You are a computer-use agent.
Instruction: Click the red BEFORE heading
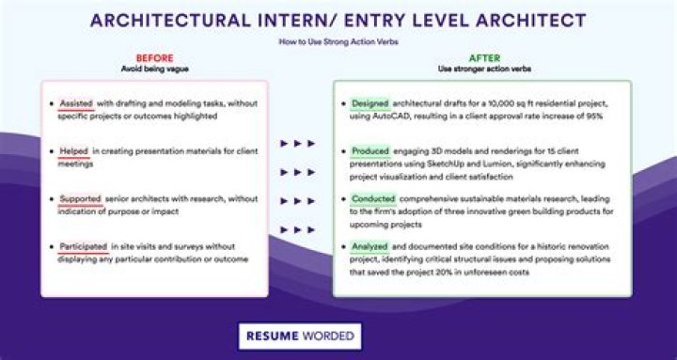154,58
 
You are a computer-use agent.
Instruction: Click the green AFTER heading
484,58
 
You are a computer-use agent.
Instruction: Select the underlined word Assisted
74,103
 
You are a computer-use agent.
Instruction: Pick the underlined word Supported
78,199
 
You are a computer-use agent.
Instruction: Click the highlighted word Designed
370,103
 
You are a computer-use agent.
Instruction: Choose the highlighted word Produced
370,150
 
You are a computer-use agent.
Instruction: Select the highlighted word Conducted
373,199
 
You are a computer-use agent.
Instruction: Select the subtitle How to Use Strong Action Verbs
337,42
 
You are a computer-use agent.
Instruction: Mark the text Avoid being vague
154,69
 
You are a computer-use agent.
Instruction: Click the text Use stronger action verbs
484,69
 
